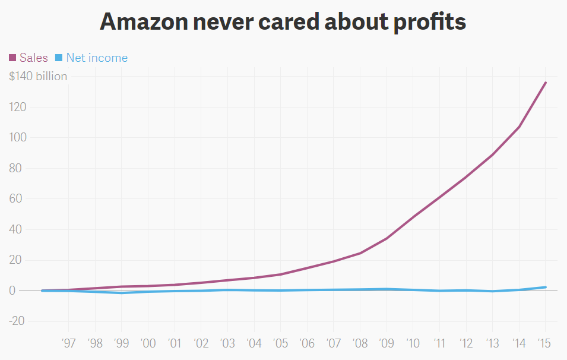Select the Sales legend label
(33, 58)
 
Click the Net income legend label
(97, 58)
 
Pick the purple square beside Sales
(12, 58)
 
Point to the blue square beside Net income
(59, 58)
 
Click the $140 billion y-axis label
(38, 76)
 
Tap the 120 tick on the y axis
(18, 107)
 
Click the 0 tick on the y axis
(12, 290)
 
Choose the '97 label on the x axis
(68, 343)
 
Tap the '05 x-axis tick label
(280, 343)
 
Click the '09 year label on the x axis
(387, 343)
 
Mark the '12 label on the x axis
(466, 343)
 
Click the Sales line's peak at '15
(546, 83)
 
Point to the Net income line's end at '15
(546, 287)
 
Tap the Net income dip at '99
(121, 293)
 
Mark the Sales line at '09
(387, 238)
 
